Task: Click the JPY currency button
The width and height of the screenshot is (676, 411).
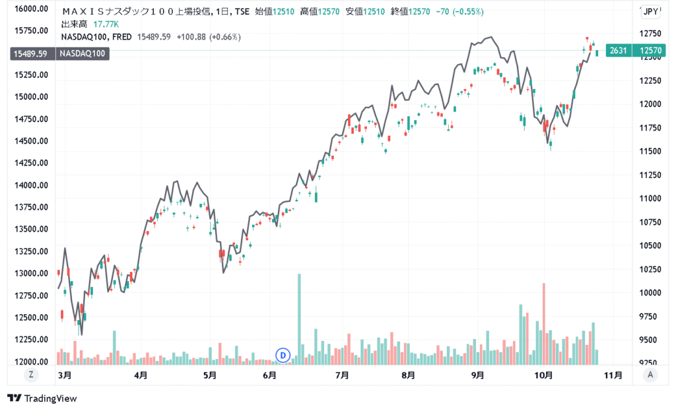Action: [650, 11]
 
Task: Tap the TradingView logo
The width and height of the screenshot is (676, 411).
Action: [42, 398]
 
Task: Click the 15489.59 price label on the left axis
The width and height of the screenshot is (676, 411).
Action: [28, 53]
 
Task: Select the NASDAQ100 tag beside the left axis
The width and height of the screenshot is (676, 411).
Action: [83, 53]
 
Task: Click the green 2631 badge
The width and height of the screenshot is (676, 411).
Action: [618, 51]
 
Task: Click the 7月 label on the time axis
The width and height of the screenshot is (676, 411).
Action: [342, 375]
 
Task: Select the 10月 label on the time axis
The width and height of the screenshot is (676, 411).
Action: [543, 375]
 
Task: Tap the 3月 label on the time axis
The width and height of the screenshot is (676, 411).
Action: [65, 375]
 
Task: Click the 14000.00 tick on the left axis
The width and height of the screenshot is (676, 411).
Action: [31, 185]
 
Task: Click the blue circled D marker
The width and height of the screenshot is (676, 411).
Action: [283, 356]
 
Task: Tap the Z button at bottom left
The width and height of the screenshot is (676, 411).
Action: [30, 375]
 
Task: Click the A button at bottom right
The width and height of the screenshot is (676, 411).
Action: [651, 375]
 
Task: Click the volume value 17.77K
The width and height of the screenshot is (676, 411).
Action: [106, 24]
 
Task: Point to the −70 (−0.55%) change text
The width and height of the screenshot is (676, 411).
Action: [459, 12]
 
